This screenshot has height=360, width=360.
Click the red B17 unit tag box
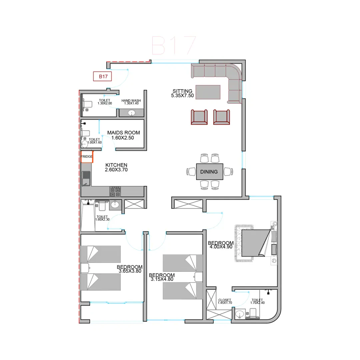pos(102,76)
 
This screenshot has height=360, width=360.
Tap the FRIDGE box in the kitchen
pos(87,157)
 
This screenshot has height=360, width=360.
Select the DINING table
pos(209,172)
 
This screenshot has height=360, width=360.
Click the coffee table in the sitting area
pos(208,92)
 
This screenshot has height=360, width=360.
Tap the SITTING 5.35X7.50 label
pos(182,93)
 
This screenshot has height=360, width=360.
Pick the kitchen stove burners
pos(115,192)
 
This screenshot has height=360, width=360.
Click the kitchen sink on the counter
pos(86,178)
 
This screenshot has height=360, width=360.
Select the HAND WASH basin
pos(132,113)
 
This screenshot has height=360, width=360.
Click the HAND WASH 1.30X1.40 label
pos(131,102)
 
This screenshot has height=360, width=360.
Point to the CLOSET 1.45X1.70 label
pos(225,301)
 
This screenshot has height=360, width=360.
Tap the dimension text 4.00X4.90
pos(221,247)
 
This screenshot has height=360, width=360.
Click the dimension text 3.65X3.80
pos(130,271)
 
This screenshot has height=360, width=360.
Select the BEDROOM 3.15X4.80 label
pos(162,277)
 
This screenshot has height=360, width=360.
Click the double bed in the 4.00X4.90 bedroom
pos(256,243)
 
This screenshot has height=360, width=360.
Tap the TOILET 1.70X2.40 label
pos(257,301)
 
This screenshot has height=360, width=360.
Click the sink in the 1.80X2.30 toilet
pos(115,204)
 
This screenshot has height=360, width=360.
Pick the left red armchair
pos(199,117)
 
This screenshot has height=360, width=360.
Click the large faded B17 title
pos(174,45)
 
